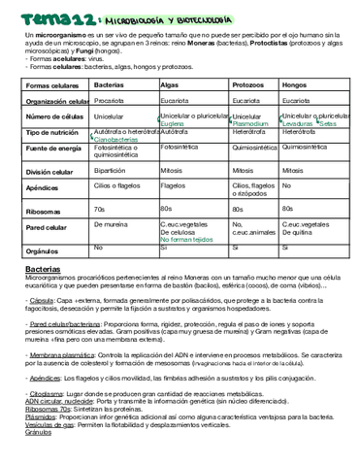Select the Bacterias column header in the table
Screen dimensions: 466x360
point(109,85)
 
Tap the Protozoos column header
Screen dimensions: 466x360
point(250,85)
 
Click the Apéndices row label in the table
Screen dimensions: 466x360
point(44,186)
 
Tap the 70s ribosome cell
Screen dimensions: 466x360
point(99,208)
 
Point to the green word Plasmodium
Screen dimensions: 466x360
point(251,124)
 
